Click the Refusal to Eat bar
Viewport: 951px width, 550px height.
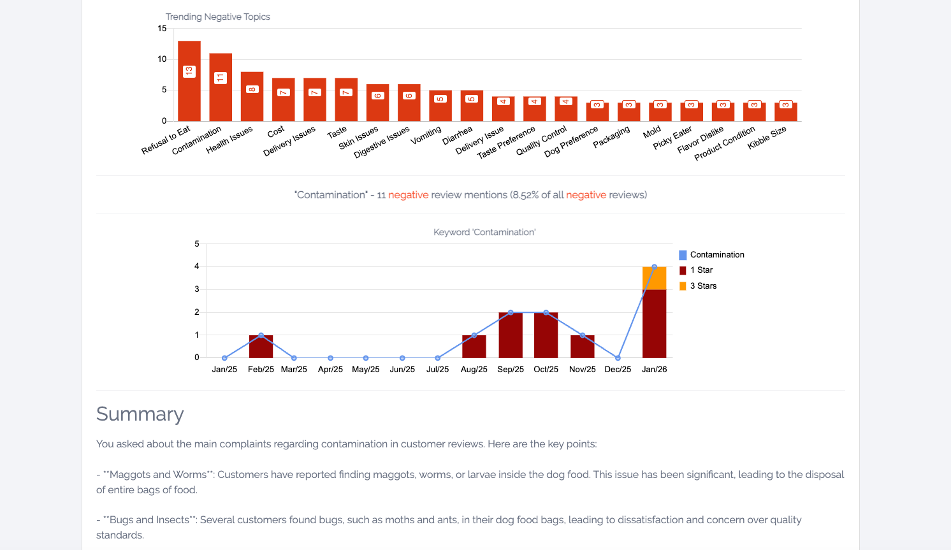click(x=189, y=81)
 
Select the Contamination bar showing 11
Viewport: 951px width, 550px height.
click(x=221, y=87)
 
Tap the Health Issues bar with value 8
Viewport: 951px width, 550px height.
click(x=252, y=96)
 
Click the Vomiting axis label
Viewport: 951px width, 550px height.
click(x=426, y=135)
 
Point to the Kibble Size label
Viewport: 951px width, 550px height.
click(x=767, y=138)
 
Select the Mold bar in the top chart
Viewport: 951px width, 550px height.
click(x=660, y=112)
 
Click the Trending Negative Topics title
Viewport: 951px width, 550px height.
click(x=217, y=17)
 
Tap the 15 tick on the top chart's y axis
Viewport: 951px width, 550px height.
click(x=162, y=29)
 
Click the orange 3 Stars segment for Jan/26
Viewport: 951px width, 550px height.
click(x=654, y=279)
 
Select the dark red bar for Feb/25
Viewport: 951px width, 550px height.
click(x=261, y=347)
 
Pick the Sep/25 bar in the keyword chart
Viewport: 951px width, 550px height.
click(x=511, y=335)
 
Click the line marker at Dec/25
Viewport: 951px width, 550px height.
click(x=618, y=358)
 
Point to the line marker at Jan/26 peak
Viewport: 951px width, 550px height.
click(x=655, y=267)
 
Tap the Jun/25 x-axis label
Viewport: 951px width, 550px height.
click(x=402, y=370)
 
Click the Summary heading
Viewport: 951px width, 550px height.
click(x=140, y=414)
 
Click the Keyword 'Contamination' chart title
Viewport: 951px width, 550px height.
click(x=484, y=232)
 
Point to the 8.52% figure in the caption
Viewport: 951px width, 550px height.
click(x=526, y=195)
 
